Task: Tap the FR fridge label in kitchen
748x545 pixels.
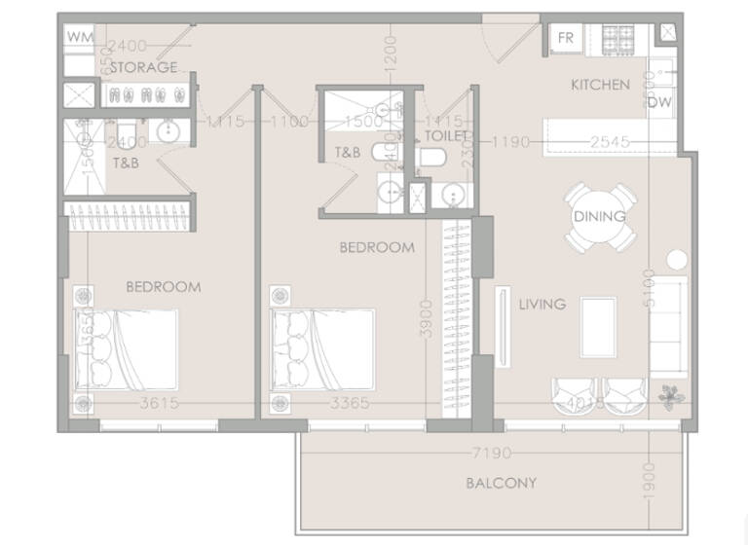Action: [x=566, y=38]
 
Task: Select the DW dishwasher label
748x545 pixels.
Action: [x=659, y=101]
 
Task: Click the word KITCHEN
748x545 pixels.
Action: [x=600, y=85]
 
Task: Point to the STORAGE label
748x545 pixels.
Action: [x=143, y=67]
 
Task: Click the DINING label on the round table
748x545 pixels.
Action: [x=600, y=216]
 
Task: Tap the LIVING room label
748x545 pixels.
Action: [x=542, y=305]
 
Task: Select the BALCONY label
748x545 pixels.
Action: [x=501, y=483]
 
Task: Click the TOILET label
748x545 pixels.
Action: [x=447, y=136]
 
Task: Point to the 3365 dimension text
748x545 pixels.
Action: [x=350, y=403]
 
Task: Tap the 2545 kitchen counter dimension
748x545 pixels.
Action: [x=612, y=142]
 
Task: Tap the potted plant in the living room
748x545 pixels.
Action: [x=671, y=395]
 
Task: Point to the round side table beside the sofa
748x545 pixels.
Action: [x=676, y=260]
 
